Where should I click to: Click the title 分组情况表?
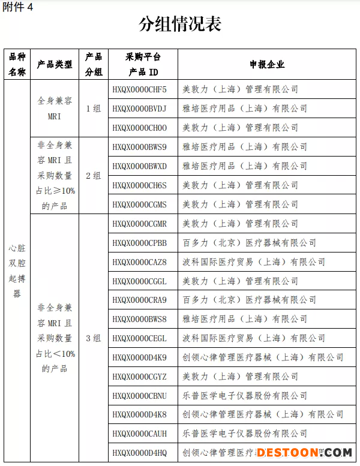pyautogui.click(x=180, y=24)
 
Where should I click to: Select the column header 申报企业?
pyautogui.click(x=267, y=64)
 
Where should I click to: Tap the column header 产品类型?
pyautogui.click(x=55, y=64)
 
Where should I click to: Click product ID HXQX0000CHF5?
pyautogui.click(x=139, y=89)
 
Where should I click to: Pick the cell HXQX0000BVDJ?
pyautogui.click(x=139, y=109)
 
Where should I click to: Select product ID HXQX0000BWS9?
pyautogui.click(x=139, y=147)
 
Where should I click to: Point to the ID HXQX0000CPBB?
pyautogui.click(x=139, y=243)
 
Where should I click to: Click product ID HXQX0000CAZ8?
pyautogui.click(x=139, y=262)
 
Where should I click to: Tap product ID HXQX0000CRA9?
pyautogui.click(x=139, y=300)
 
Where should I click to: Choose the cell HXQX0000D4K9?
pyautogui.click(x=139, y=357)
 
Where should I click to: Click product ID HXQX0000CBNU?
pyautogui.click(x=139, y=396)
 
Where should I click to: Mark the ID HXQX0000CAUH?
pyautogui.click(x=139, y=434)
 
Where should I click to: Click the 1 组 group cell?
pyautogui.click(x=93, y=109)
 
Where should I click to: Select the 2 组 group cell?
pyautogui.click(x=93, y=176)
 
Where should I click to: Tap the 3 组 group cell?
pyautogui.click(x=93, y=338)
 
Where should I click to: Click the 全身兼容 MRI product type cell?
pyautogui.click(x=55, y=109)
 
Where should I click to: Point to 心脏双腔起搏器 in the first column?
pyautogui.click(x=17, y=270)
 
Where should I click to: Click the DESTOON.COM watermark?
pyautogui.click(x=307, y=452)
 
